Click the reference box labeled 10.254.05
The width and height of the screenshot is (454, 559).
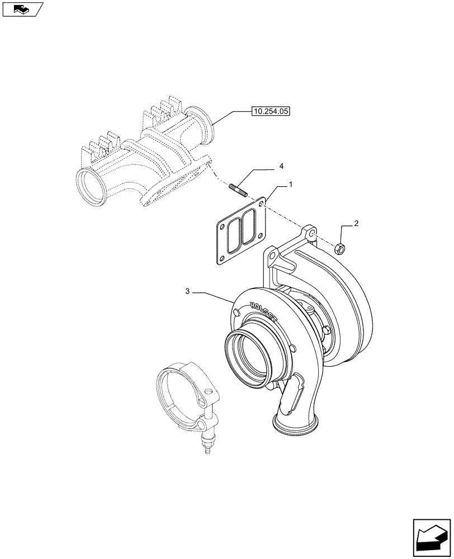click(x=270, y=112)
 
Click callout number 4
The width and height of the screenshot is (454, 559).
click(x=282, y=167)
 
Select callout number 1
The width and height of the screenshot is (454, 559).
click(x=290, y=184)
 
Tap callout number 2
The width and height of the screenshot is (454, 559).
click(x=356, y=224)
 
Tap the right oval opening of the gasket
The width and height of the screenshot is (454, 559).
click(x=248, y=227)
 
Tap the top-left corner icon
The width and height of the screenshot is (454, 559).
click(x=22, y=9)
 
